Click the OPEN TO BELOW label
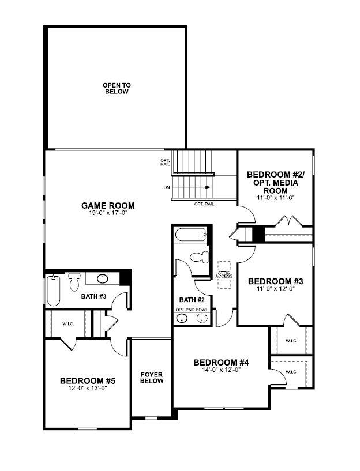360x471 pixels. [117, 88]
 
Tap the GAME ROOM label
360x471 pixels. [108, 205]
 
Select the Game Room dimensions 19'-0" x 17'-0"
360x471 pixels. [108, 213]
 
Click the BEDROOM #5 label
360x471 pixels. [88, 381]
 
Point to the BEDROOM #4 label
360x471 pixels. [221, 363]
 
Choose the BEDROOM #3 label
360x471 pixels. [275, 281]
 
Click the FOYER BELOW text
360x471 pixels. [152, 378]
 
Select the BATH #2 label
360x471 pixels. [188, 300]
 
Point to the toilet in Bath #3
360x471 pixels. [74, 281]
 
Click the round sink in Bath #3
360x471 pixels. [103, 280]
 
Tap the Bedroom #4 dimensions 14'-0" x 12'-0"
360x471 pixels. [221, 370]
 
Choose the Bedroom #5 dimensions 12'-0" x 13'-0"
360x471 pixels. [88, 388]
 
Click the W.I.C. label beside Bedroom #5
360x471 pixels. [68, 324]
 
